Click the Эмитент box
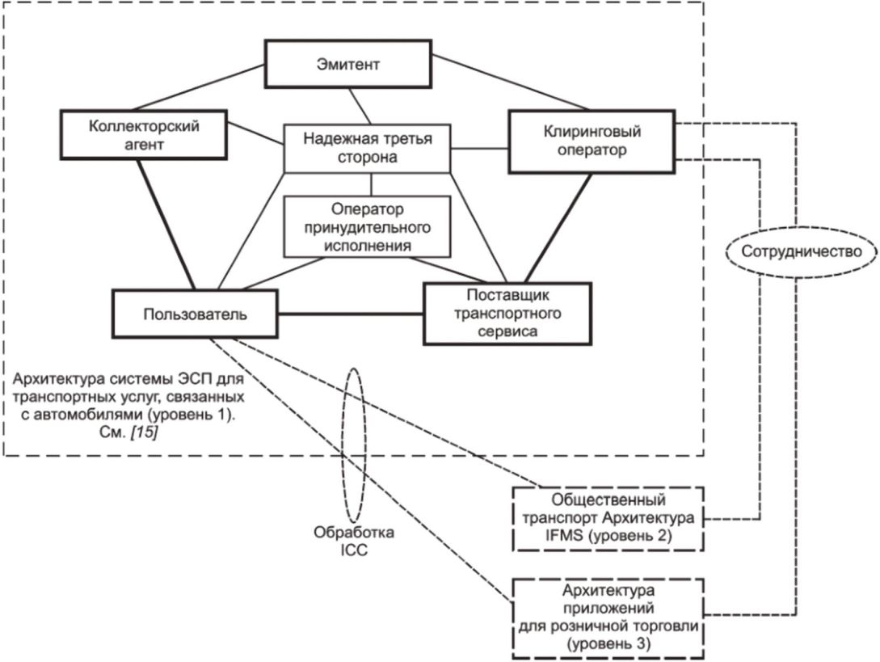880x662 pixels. (x=348, y=64)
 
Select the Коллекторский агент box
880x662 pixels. (x=144, y=135)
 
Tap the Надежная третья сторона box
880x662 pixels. (x=368, y=148)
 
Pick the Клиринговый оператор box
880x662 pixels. (x=592, y=141)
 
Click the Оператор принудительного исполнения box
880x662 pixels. (x=368, y=226)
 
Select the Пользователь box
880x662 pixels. (x=195, y=314)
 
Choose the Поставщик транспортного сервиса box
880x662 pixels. (x=507, y=314)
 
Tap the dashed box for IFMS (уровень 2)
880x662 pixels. (x=608, y=518)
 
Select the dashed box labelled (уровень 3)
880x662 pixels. (x=608, y=618)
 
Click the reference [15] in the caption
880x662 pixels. (x=144, y=432)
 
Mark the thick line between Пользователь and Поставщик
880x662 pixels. (x=351, y=314)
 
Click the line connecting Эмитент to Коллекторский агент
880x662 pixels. (x=199, y=87)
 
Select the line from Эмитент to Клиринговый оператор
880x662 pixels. (x=512, y=82)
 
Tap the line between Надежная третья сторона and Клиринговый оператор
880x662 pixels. (x=480, y=149)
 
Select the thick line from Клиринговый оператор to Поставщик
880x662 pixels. (x=558, y=228)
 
